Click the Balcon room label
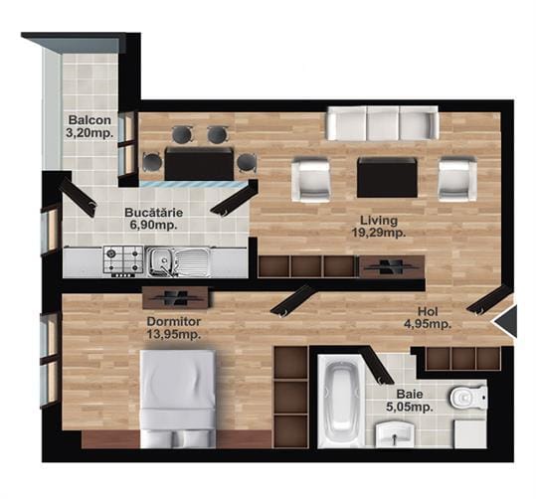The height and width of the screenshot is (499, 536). coord(89,120)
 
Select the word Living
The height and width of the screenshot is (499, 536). coord(379,220)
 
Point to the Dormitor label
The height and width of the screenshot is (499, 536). coord(174,321)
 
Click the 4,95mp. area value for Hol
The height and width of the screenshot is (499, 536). coord(428,324)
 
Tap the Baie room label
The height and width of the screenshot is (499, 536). coord(410,394)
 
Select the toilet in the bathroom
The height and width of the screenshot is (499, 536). coord(467,398)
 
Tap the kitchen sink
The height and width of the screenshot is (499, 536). coord(179,261)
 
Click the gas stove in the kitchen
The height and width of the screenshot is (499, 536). coord(123,261)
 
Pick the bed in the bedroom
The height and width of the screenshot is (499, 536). coord(178,399)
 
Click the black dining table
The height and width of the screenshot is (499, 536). coord(199,163)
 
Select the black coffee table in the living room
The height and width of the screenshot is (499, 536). coord(387,177)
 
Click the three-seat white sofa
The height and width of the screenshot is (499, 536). coord(382,123)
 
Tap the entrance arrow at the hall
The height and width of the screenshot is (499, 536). coord(504,321)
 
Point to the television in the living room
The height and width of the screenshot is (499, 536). coord(392,265)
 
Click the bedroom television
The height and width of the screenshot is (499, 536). coord(175,297)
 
